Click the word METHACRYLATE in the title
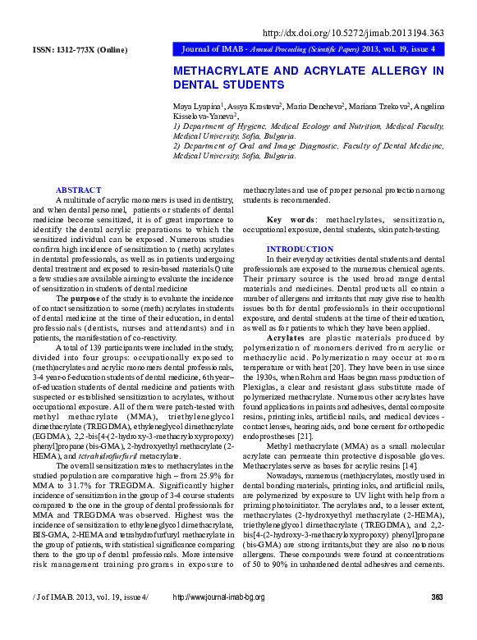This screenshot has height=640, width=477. [x=223, y=71]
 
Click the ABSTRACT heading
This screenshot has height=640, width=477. [x=78, y=190]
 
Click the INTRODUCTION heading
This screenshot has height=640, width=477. [x=300, y=249]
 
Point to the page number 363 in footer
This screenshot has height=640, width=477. [x=437, y=619]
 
